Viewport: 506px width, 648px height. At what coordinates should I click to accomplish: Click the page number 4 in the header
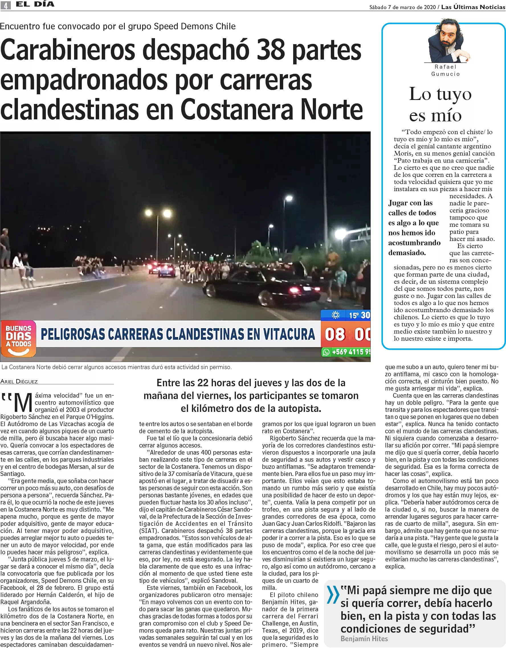6,5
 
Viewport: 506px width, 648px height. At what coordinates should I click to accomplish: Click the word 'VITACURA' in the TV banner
289,334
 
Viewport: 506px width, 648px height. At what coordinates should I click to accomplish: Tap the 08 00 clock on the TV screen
347,334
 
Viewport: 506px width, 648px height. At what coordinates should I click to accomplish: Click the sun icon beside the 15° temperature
336,315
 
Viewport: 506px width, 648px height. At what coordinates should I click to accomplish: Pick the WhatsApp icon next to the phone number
326,352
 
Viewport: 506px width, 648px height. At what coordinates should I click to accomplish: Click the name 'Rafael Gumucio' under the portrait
446,70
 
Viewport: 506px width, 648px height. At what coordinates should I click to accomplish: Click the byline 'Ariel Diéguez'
19,382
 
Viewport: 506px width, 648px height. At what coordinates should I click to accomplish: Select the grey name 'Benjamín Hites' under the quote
364,639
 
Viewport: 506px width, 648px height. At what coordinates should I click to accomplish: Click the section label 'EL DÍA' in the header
35,4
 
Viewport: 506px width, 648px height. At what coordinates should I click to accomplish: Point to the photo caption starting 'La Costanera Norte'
116,367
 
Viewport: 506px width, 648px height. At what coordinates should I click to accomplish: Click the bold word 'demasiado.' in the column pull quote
407,253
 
